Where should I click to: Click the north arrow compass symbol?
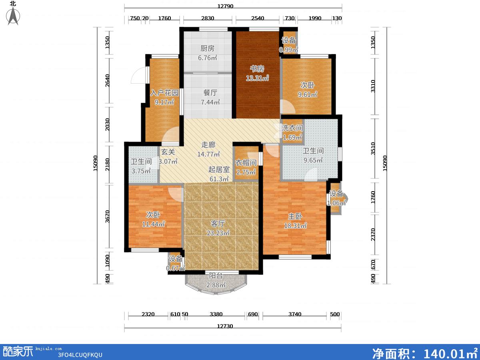coord(13,15)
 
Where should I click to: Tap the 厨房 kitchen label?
coord(208,48)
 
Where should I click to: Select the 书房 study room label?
coord(257,69)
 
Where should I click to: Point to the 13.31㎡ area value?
coord(257,78)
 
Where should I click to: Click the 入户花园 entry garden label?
coord(164,93)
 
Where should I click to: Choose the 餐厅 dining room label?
coord(210,93)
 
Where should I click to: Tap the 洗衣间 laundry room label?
coord(292,128)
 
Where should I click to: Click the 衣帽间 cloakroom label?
coord(246,163)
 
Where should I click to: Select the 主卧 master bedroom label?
coord(295,216)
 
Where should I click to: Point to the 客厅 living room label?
coord(218,224)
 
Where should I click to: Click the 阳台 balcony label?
coord(216,276)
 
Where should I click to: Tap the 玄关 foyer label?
coord(168,152)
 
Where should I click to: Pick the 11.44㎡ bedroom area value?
coord(153,224)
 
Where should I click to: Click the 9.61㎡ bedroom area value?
coord(307,94)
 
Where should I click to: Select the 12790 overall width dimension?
coord(225,6)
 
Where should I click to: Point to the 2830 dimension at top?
coord(208,18)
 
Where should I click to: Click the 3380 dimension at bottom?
coord(216,314)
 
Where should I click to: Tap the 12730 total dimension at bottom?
coord(225,326)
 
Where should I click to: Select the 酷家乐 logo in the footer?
coord(18,352)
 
